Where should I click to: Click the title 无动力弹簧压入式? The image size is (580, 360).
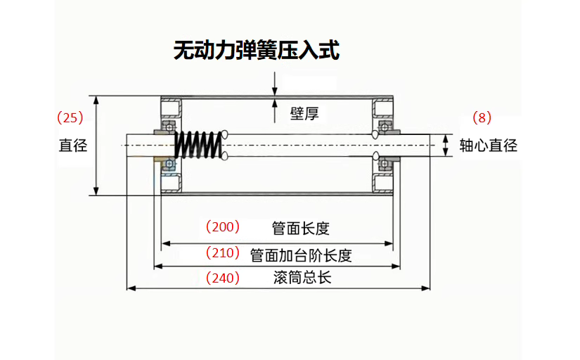point(257,51)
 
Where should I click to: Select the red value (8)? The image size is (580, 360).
point(482,117)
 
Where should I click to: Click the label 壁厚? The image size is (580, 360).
point(304,113)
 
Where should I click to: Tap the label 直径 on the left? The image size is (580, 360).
point(72,146)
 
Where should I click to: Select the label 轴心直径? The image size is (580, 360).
point(488,146)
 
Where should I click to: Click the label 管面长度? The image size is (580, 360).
point(300,229)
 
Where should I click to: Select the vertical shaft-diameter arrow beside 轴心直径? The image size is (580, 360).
point(445,146)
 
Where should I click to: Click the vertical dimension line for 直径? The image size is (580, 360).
point(97,146)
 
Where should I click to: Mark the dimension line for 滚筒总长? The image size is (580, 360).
point(278,288)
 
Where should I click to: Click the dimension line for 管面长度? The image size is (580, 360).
point(277,243)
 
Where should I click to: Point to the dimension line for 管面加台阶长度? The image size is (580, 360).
point(277,266)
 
